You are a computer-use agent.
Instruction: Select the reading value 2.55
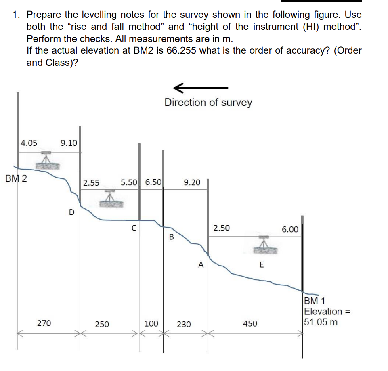(x=91, y=183)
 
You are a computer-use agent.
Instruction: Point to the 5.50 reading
(x=129, y=182)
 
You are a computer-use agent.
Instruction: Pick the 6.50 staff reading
(x=153, y=182)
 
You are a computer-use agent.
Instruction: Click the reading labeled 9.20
(x=192, y=183)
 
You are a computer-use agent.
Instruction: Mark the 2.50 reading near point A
(x=222, y=228)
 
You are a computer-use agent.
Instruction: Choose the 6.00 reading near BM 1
(x=290, y=230)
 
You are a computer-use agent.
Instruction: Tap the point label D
(x=71, y=212)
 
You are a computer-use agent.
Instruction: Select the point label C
(x=133, y=228)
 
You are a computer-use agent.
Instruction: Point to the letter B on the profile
(x=171, y=237)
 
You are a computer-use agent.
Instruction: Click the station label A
(x=201, y=265)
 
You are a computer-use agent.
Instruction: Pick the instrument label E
(x=262, y=265)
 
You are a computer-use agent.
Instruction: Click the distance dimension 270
(x=44, y=323)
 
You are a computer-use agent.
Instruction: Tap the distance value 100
(x=151, y=323)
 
